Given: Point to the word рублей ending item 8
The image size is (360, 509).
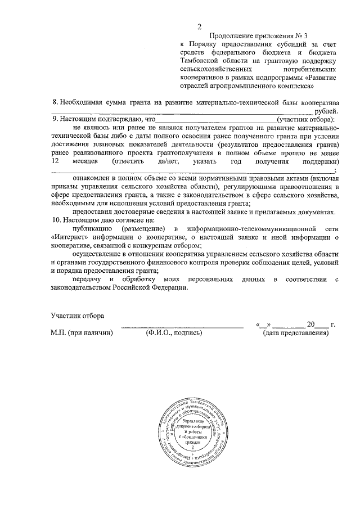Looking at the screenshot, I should pos(327,112).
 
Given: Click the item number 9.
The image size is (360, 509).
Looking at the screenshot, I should pos(55,120).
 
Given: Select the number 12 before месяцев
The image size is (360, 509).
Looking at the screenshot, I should pos(55,161).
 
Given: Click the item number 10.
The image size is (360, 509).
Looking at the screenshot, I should pos(56,221).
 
